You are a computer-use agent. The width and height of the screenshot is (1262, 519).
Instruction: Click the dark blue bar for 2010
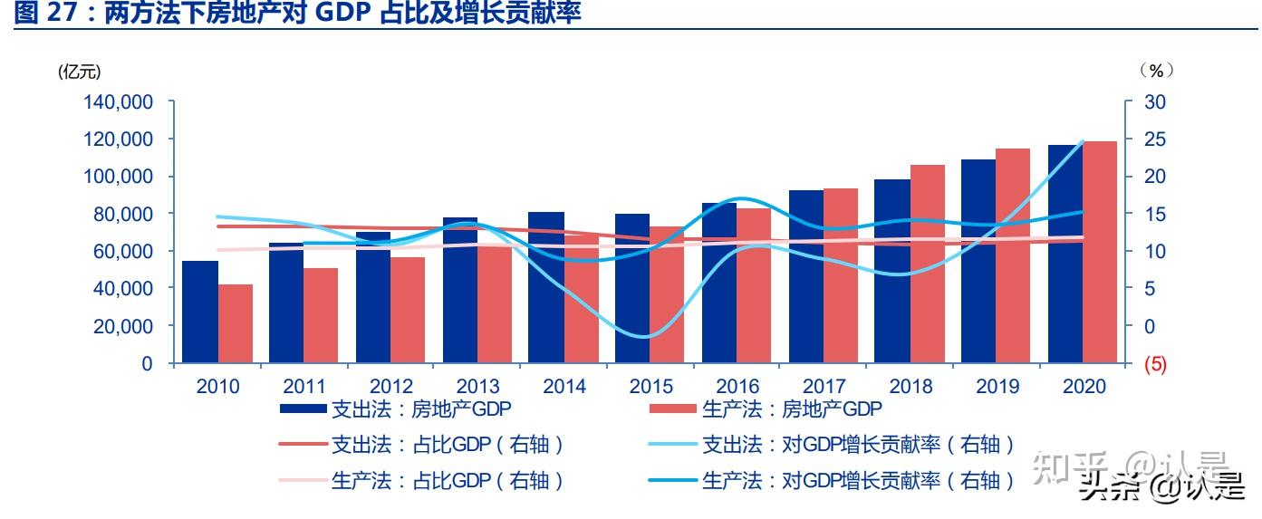click(200, 312)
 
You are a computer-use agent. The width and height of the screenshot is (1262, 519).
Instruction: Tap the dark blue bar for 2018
click(892, 272)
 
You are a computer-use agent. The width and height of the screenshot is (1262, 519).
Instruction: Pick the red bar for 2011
click(321, 315)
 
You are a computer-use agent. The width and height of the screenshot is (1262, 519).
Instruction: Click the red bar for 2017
click(841, 275)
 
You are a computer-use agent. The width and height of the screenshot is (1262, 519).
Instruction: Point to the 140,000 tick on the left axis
click(118, 102)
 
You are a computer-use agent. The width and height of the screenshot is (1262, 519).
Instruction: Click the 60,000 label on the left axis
click(122, 252)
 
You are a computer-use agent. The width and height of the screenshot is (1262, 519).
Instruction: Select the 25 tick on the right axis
click(1154, 139)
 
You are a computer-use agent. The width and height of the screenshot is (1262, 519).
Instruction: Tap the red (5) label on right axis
click(1155, 364)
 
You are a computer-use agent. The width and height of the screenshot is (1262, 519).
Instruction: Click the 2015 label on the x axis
click(650, 387)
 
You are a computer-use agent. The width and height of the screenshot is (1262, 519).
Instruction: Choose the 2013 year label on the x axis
click(477, 387)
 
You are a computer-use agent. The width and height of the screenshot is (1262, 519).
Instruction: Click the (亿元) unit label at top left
click(80, 72)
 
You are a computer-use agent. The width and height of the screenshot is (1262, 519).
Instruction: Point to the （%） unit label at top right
click(1156, 71)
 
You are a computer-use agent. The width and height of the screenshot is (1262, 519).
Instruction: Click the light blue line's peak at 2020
click(1107, 141)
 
